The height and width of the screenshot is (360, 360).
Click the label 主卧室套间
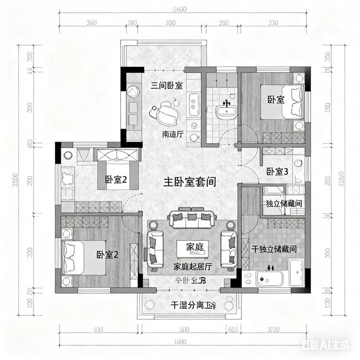pos(190,182)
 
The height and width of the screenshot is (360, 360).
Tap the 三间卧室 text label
pos(167,86)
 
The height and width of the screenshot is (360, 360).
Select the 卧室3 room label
pos(277,172)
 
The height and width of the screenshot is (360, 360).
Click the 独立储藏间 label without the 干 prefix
pos(285,203)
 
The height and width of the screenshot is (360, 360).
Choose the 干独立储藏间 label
pos(274,248)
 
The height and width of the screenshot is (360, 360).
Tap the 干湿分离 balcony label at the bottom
pos(193,305)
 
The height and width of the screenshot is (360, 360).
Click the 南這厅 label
pos(173,134)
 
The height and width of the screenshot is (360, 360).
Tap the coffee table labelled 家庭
pos(191,247)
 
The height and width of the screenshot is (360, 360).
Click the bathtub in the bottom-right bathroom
pos(271,278)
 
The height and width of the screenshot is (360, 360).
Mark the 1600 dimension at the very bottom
pos(180,342)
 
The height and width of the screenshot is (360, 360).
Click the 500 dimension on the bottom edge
pos(183,328)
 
